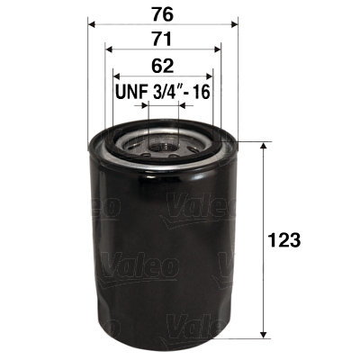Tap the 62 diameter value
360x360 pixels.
click(x=163, y=65)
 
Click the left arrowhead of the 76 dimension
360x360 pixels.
click(x=93, y=24)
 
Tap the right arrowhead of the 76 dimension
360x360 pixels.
click(x=233, y=24)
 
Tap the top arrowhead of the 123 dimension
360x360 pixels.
click(x=262, y=147)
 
